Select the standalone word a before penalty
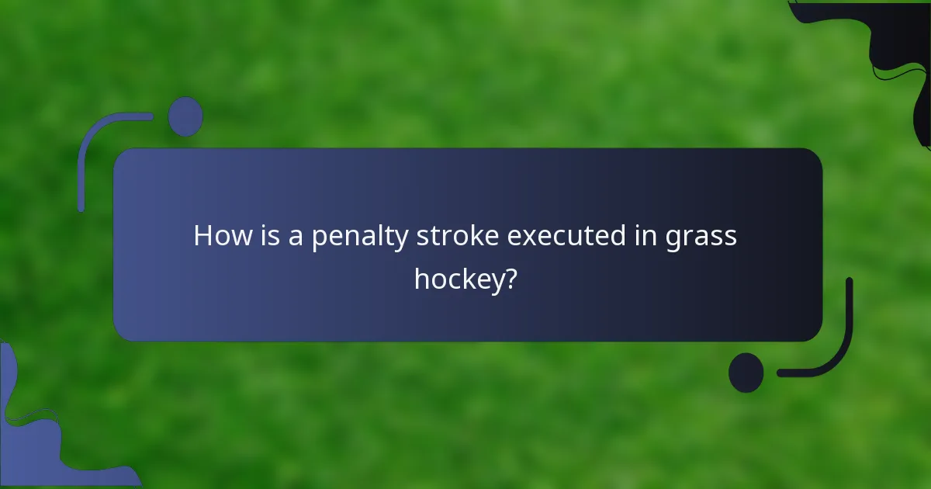(296, 237)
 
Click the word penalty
(360, 237)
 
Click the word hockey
(459, 279)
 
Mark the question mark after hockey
(511, 277)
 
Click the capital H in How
(202, 235)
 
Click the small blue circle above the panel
(185, 116)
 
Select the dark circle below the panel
(746, 373)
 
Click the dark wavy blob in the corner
(904, 47)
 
